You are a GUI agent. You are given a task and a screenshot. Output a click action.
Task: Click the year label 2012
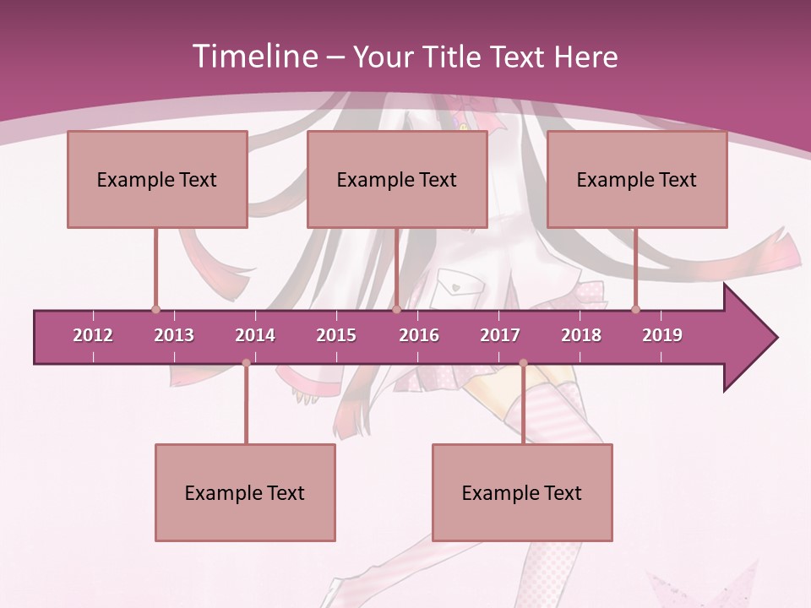(x=93, y=335)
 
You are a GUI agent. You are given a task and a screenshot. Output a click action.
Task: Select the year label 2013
(x=174, y=335)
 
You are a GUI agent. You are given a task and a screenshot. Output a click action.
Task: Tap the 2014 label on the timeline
(x=255, y=335)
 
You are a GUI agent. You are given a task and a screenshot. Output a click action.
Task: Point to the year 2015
(x=336, y=335)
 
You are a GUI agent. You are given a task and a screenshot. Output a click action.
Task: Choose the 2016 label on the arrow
(x=419, y=335)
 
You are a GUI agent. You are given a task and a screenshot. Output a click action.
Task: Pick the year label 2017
(x=500, y=335)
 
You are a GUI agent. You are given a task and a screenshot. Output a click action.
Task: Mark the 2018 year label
(x=581, y=335)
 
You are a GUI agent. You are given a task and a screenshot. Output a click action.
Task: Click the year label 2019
(x=662, y=335)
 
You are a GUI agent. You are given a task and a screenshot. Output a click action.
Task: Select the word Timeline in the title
(x=253, y=57)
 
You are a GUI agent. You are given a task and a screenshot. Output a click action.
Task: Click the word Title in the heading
(x=455, y=57)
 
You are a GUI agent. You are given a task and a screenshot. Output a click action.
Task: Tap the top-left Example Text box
(x=157, y=179)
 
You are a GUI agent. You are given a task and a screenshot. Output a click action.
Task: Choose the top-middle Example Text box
(x=397, y=179)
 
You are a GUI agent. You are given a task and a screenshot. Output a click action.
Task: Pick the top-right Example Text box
(x=637, y=179)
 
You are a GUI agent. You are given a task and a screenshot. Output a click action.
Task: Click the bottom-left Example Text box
(x=245, y=492)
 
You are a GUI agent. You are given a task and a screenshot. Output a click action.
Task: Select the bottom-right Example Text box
(x=522, y=492)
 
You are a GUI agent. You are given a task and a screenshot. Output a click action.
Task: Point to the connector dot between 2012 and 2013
(x=155, y=310)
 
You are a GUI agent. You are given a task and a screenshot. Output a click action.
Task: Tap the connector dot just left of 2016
(x=397, y=310)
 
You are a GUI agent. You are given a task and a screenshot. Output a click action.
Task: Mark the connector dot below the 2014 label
(x=246, y=363)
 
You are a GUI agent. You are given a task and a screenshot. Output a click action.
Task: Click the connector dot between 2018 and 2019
(x=635, y=310)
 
